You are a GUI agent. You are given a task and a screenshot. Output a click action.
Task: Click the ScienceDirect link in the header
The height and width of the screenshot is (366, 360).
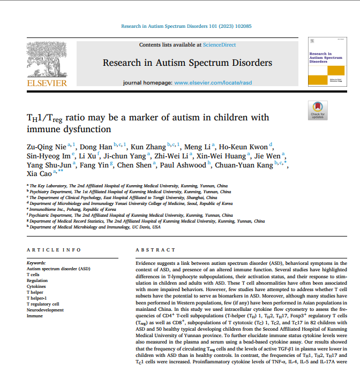(x=219, y=45)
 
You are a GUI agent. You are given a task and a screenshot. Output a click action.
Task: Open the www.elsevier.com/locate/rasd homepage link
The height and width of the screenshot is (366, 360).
(x=213, y=83)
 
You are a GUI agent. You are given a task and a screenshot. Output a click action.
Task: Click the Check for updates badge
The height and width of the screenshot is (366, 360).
(x=318, y=110)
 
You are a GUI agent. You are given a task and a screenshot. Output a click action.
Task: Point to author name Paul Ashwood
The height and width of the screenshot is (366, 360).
(x=183, y=165)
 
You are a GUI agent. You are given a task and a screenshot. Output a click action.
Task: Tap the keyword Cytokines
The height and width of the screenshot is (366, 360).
(x=37, y=286)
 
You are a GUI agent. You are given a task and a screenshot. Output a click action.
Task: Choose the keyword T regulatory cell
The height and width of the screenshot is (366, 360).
(x=43, y=304)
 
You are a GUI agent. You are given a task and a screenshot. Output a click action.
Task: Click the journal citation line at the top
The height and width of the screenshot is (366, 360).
(x=186, y=26)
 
